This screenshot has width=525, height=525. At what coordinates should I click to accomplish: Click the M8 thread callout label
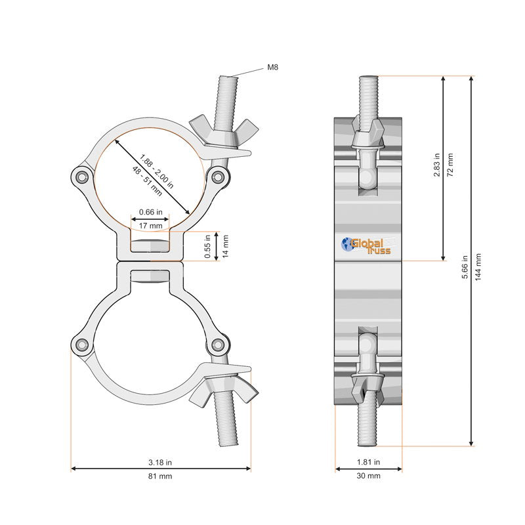[273, 67]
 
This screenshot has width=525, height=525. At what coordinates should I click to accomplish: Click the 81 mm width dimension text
[160, 476]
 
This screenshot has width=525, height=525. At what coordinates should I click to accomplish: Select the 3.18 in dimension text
[160, 462]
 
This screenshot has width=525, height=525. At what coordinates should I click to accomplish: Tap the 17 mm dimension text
[152, 226]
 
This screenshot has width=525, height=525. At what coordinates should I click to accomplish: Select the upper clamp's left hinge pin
[81, 177]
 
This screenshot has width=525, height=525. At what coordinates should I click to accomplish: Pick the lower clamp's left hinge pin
[81, 346]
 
